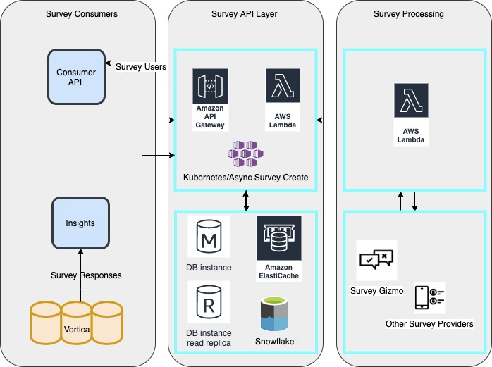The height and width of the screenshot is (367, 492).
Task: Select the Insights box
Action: (x=80, y=223)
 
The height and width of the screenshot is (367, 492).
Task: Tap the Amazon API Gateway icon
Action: (x=210, y=87)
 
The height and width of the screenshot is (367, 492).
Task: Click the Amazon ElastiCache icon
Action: (x=278, y=240)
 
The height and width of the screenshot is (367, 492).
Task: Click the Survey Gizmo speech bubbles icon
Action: (x=376, y=260)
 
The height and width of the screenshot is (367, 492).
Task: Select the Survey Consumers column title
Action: (x=81, y=14)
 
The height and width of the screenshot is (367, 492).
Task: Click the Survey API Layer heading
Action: (x=245, y=14)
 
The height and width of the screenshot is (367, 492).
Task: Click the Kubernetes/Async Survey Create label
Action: (x=245, y=178)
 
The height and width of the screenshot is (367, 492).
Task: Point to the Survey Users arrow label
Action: (x=140, y=67)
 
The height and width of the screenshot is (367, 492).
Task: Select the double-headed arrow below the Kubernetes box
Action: (x=245, y=201)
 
